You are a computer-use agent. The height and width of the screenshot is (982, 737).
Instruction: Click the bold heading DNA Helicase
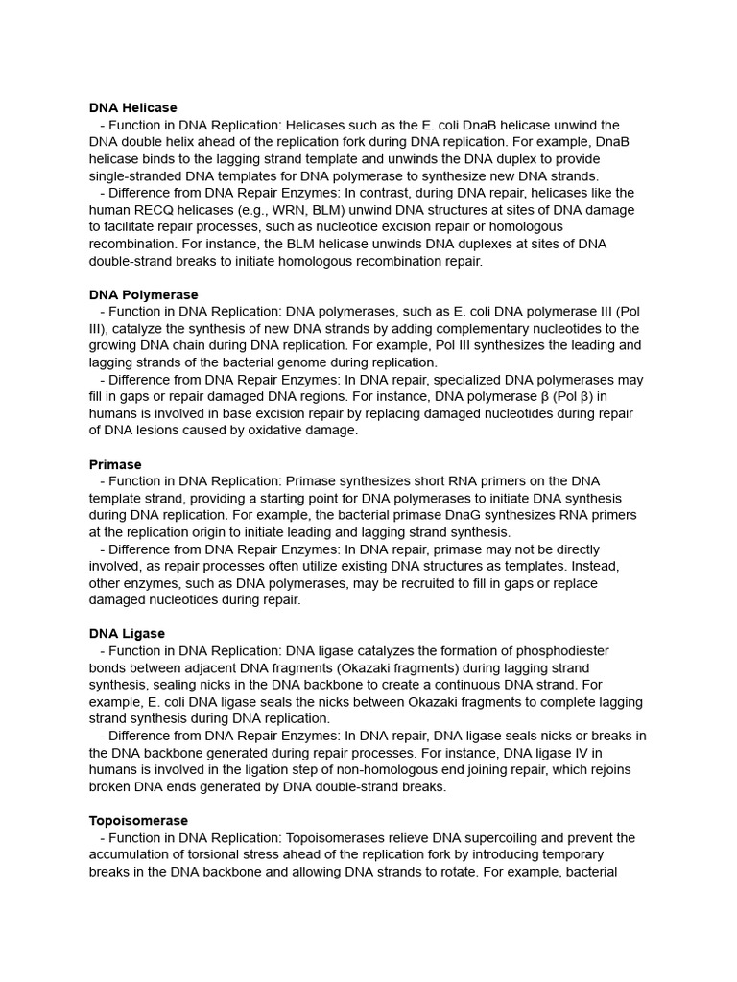click(x=133, y=108)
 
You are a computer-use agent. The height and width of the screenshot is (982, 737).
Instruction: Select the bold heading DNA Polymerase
click(x=144, y=294)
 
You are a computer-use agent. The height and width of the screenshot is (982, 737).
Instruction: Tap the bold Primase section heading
click(x=115, y=464)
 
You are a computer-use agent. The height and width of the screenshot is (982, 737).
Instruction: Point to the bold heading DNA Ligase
click(x=127, y=634)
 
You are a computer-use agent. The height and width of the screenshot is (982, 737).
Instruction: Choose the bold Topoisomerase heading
click(x=138, y=821)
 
